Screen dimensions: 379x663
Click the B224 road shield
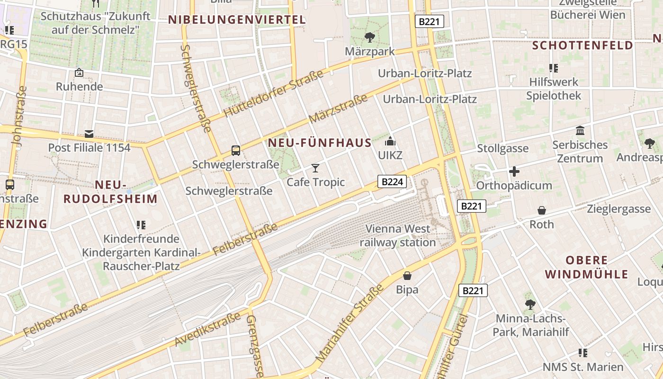pyautogui.click(x=392, y=181)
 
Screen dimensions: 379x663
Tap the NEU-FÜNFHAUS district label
pyautogui.click(x=320, y=143)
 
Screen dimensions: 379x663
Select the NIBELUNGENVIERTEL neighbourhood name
pyautogui.click(x=237, y=20)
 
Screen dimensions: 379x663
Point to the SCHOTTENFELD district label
pyautogui.click(x=582, y=45)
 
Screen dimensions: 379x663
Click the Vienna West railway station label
pyautogui.click(x=398, y=235)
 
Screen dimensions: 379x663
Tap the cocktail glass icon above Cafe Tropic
pyautogui.click(x=315, y=168)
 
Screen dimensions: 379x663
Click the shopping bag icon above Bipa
pyautogui.click(x=407, y=275)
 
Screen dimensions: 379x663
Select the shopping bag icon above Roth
pyautogui.click(x=541, y=210)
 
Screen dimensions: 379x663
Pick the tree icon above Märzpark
pyautogui.click(x=369, y=37)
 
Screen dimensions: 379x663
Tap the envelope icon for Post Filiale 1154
pyautogui.click(x=89, y=134)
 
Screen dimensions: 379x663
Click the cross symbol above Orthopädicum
pyautogui.click(x=514, y=171)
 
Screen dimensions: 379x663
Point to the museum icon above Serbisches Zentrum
pyautogui.click(x=580, y=130)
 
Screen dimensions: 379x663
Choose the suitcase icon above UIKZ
pyautogui.click(x=390, y=141)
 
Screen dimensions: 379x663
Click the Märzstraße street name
pyautogui.click(x=338, y=109)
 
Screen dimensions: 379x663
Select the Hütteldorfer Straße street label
pyautogui.click(x=273, y=93)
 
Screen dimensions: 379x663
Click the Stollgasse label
pyautogui.click(x=502, y=148)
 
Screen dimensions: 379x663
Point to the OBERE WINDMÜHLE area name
pyautogui.click(x=586, y=267)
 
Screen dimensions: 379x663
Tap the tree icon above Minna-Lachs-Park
pyautogui.click(x=530, y=304)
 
